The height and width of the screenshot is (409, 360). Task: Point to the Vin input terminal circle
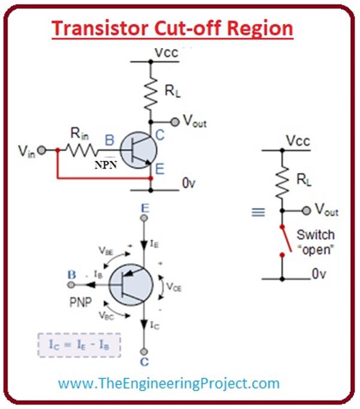(43, 149)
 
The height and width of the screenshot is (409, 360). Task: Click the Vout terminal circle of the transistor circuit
(175, 122)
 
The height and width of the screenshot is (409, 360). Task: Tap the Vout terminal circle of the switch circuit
(307, 210)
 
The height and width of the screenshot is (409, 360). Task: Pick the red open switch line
(286, 240)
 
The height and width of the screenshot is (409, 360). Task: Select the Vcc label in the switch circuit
(298, 142)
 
